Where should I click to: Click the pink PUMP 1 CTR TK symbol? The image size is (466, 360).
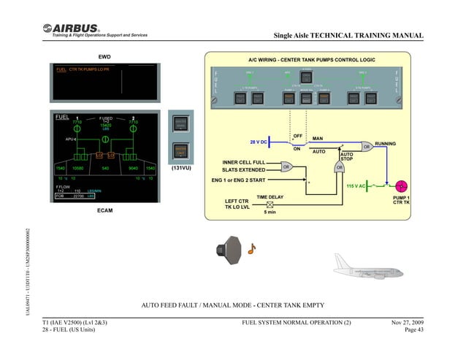(x=400, y=186)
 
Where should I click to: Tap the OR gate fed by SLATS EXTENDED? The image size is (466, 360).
(x=287, y=166)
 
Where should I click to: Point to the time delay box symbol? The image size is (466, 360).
(x=270, y=204)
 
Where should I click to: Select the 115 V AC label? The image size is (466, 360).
(x=356, y=186)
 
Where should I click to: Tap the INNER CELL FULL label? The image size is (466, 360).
(x=244, y=161)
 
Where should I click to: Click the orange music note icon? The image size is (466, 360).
(x=252, y=248)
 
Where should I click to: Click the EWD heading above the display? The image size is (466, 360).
(x=104, y=55)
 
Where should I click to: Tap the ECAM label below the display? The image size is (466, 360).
(x=106, y=210)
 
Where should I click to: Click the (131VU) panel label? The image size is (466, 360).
(x=180, y=168)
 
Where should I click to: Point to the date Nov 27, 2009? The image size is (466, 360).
(x=408, y=322)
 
